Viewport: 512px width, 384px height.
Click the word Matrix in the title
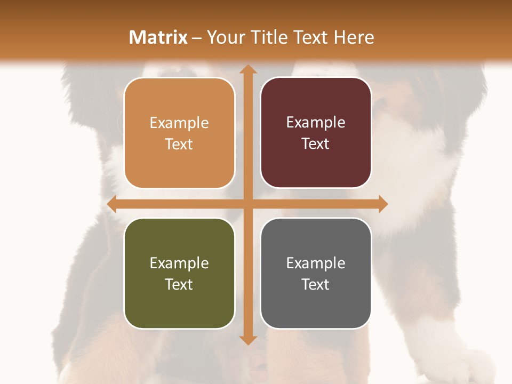pyautogui.click(x=158, y=37)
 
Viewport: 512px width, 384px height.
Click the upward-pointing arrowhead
pyautogui.click(x=247, y=70)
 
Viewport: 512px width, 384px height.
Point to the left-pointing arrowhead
pyautogui.click(x=112, y=204)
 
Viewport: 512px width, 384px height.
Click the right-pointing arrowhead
pyautogui.click(x=382, y=204)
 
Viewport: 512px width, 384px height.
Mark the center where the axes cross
pyautogui.click(x=247, y=204)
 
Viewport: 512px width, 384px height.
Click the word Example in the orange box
pyautogui.click(x=179, y=123)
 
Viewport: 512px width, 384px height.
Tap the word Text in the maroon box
pyautogui.click(x=316, y=143)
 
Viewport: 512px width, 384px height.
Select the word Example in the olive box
pyautogui.click(x=179, y=263)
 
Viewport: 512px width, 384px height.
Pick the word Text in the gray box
pyautogui.click(x=316, y=284)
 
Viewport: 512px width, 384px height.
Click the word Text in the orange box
pyautogui.click(x=179, y=144)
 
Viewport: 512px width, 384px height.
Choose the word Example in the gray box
pyautogui.click(x=316, y=263)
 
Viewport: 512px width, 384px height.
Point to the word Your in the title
pyautogui.click(x=225, y=37)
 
